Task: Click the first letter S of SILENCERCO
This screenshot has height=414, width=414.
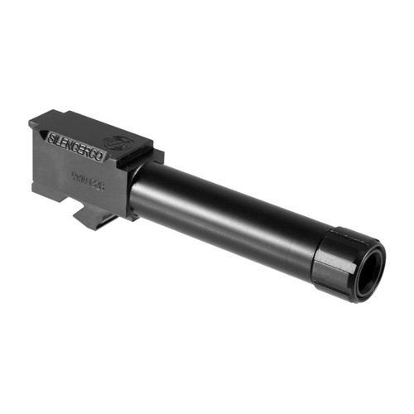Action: pos(54,132)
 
